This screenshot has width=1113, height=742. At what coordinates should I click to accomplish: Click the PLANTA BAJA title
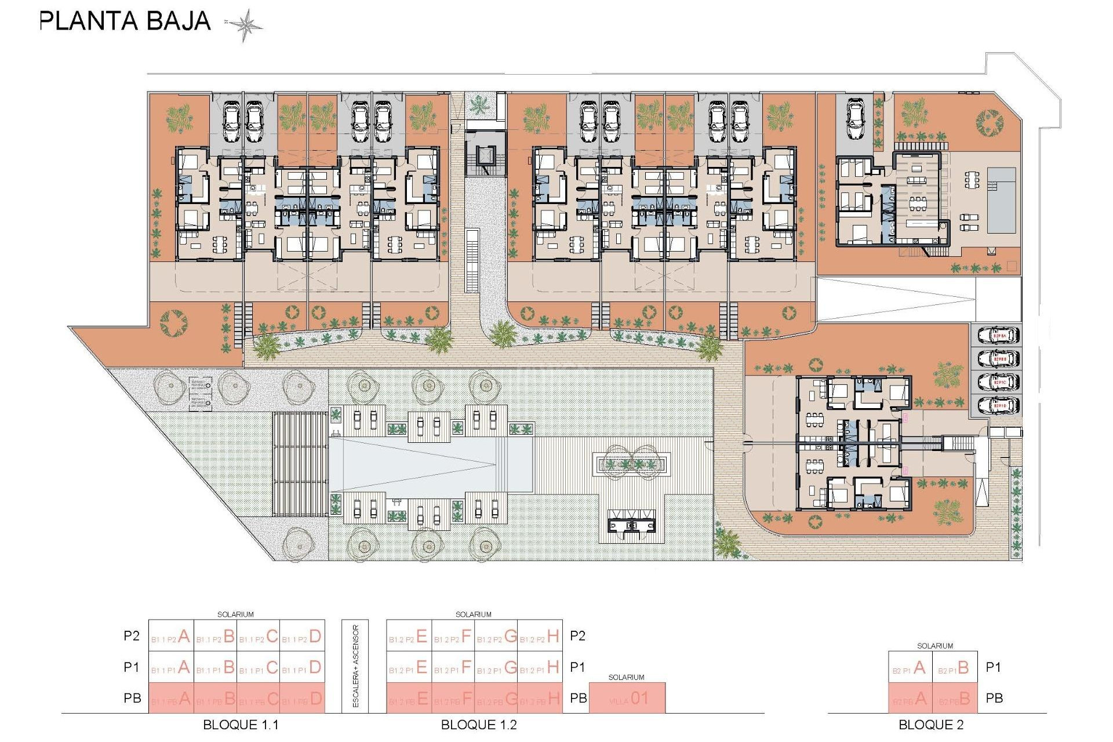[x=125, y=21]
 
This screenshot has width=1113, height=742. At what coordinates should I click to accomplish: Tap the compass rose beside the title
[x=245, y=25]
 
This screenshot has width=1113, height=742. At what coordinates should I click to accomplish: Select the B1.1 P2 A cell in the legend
[x=171, y=636]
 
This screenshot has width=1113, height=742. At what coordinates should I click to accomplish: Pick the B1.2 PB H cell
[x=540, y=699]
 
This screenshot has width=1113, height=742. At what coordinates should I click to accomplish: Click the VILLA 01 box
[x=627, y=699]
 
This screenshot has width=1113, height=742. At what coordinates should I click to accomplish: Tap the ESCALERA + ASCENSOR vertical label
[x=355, y=666]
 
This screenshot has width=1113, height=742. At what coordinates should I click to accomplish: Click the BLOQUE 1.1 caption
[x=241, y=725]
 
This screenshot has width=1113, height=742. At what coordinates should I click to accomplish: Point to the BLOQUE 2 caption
[x=930, y=725]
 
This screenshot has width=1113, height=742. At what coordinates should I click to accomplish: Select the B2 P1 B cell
[x=955, y=668]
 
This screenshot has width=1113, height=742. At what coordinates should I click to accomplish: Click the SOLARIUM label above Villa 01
[x=626, y=677]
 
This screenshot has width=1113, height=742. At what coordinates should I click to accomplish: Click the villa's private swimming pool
[x=1001, y=200]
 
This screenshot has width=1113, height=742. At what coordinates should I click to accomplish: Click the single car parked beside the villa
[x=856, y=119]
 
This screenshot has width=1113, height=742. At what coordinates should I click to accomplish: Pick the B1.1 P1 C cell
[x=259, y=668]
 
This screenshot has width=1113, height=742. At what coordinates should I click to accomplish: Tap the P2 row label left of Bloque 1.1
[x=132, y=636]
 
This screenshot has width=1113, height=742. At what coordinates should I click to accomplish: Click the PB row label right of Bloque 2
[x=994, y=699]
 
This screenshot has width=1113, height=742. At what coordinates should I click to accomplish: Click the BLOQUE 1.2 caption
[x=479, y=725]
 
